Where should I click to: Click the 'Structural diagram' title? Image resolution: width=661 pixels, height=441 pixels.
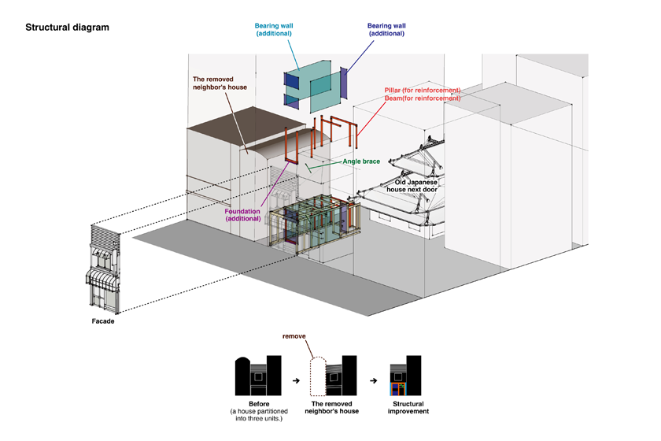[67, 28]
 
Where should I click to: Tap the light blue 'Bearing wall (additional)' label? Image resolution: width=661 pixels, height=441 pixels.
[274, 30]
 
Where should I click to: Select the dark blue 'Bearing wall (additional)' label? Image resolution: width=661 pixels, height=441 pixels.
[386, 30]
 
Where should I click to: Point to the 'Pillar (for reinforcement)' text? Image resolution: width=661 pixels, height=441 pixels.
[423, 90]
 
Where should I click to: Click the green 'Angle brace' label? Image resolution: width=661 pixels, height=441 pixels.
[361, 161]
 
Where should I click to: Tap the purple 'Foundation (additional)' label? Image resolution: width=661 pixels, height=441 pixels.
[242, 214]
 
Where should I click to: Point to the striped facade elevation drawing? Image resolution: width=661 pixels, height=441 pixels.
[103, 268]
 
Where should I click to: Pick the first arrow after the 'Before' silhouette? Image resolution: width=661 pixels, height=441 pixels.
[295, 381]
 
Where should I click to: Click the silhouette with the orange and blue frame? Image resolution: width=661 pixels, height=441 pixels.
[404, 376]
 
